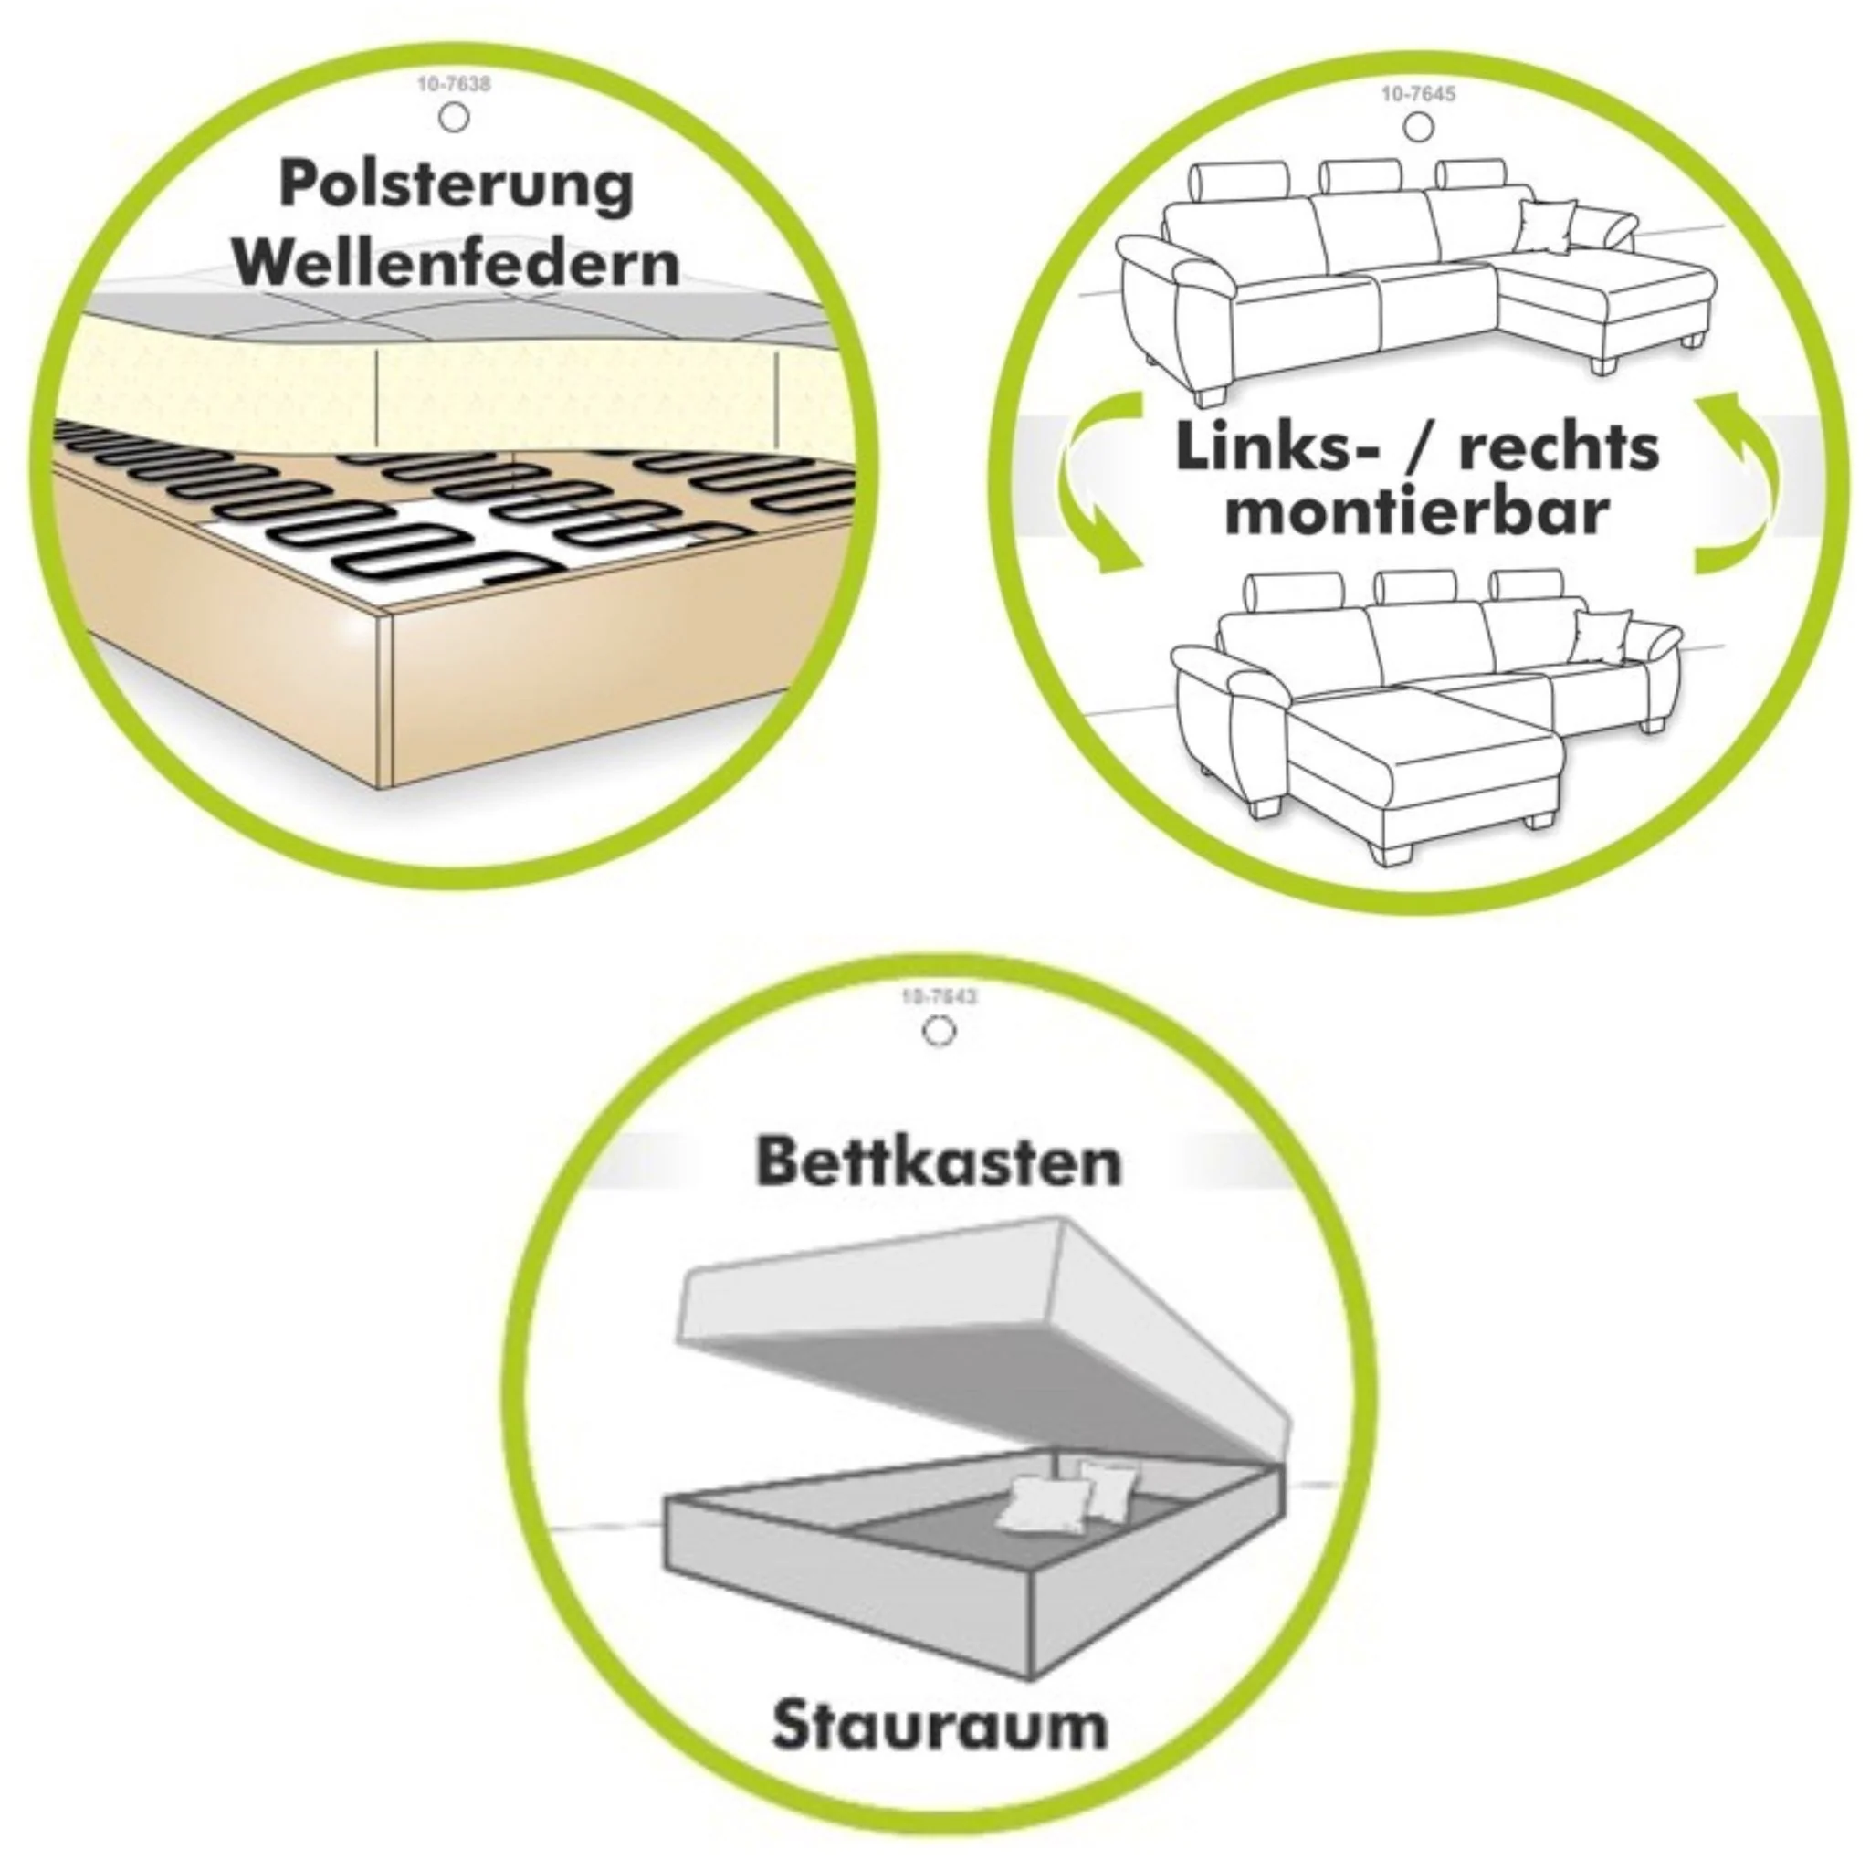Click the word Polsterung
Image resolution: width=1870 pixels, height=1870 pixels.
456,186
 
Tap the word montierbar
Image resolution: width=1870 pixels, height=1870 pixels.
1417,513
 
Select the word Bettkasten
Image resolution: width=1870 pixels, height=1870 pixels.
938,1161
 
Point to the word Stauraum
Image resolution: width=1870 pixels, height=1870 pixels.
939,1725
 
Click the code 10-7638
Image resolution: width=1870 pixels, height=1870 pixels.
453,85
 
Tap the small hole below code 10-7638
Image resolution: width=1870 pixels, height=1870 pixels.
454,118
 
